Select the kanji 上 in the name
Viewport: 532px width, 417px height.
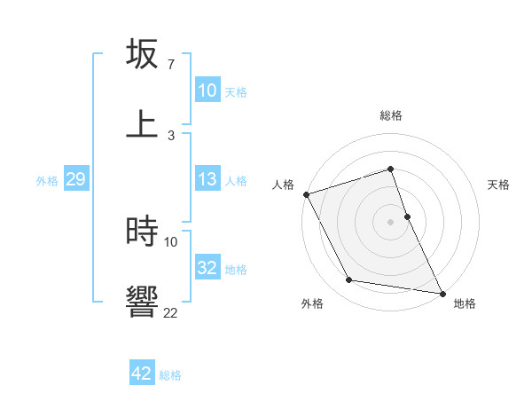[142, 123]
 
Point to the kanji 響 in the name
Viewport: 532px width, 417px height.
[142, 300]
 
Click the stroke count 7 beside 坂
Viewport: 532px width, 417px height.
[170, 65]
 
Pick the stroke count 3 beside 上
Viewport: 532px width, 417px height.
[170, 135]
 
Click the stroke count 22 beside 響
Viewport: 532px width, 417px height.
[170, 312]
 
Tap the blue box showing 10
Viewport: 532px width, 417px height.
[207, 90]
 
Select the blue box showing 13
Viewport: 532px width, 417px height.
[207, 179]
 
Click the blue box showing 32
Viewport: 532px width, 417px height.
[207, 268]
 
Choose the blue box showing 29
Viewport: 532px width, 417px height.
[75, 179]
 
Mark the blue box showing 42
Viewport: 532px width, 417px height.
[142, 374]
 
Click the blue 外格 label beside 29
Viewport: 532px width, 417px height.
[47, 180]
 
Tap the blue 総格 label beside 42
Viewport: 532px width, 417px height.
[170, 375]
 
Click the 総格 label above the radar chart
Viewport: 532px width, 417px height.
[390, 115]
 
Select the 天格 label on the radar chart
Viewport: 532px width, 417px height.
[498, 185]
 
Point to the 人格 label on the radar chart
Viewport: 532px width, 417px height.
[283, 185]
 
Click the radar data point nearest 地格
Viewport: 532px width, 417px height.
[441, 292]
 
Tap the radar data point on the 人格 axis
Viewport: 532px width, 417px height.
[306, 194]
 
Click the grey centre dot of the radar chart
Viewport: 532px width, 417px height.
[390, 222]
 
